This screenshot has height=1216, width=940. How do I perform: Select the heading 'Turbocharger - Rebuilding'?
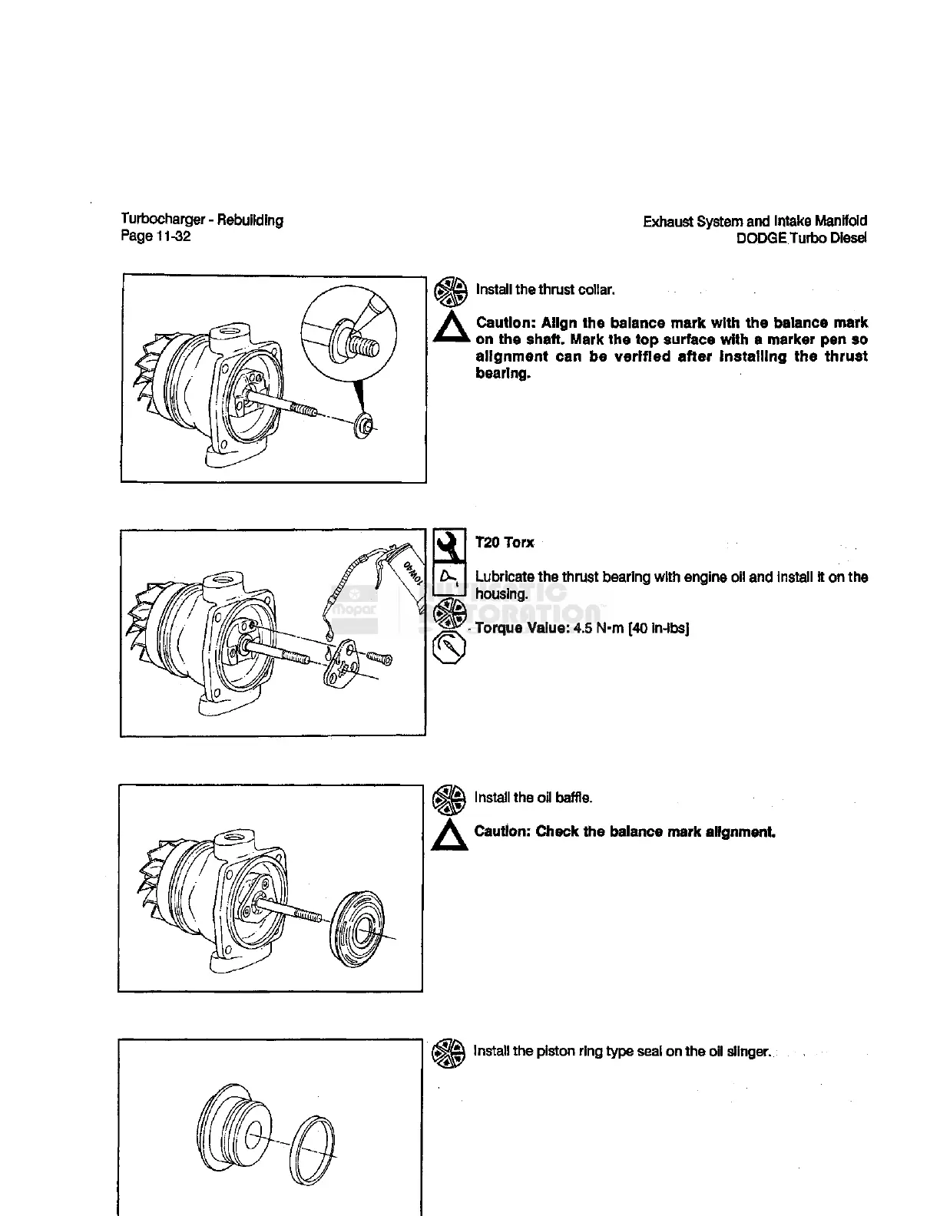(202, 220)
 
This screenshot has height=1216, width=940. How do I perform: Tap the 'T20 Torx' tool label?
(505, 543)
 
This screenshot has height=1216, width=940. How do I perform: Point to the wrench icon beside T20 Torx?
(449, 545)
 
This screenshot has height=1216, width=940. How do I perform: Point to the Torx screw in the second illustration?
(380, 659)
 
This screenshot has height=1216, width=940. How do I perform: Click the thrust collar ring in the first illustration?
(364, 425)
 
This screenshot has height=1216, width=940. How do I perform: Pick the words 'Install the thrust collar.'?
(544, 289)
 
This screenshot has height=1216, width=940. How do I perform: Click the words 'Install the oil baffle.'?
(533, 798)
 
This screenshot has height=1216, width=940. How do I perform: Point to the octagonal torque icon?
(448, 649)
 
